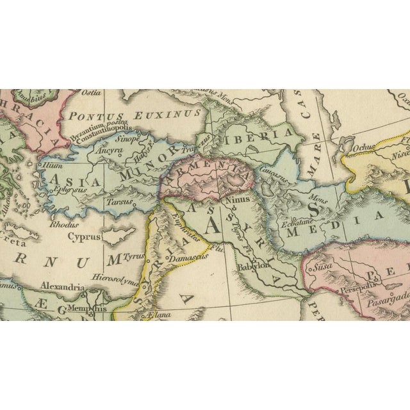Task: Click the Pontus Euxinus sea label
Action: [x=135, y=116]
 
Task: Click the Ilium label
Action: [x=48, y=165]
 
